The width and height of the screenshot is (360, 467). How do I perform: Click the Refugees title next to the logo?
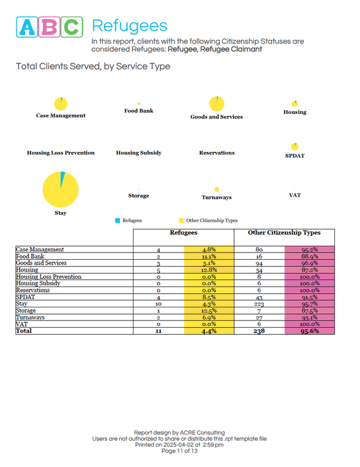point(129,26)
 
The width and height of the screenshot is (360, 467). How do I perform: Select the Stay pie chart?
point(61,189)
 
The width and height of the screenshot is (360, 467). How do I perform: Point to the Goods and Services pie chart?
point(216,104)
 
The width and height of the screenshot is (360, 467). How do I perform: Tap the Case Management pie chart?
point(60,104)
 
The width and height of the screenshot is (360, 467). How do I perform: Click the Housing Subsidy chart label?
point(138,153)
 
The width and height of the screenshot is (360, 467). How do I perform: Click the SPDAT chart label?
point(294,157)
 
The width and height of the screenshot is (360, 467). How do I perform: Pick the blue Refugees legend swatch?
point(117,220)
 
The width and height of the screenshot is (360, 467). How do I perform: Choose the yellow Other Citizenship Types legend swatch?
point(181,220)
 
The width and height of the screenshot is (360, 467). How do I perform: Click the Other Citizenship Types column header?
point(284,233)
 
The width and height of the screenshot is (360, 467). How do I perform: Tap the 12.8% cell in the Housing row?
point(208,270)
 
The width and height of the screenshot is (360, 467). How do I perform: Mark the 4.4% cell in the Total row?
point(208,331)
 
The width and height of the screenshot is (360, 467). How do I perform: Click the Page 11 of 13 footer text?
point(179,451)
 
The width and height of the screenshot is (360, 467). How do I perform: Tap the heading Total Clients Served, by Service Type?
point(93,66)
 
